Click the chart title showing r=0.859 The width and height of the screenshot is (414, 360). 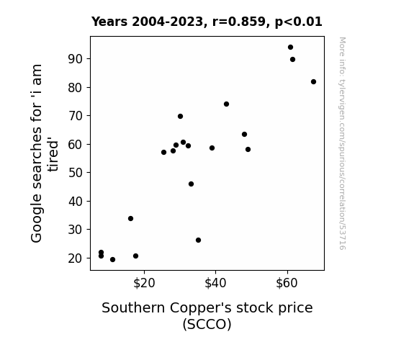pos(207,22)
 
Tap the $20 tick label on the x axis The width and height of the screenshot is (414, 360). pos(144,284)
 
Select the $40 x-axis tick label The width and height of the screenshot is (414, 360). pos(215,284)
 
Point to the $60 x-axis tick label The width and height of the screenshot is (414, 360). pos(287,284)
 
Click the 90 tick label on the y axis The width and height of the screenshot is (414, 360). pos(76,59)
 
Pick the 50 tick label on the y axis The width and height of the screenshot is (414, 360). pos(76,173)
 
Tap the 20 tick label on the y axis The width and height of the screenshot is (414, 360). pos(76,258)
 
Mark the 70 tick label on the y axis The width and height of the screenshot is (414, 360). pos(76,116)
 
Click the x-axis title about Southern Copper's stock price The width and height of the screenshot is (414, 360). pos(207,316)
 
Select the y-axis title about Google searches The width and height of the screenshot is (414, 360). pos(44,153)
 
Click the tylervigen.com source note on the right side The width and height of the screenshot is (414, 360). pos(342,143)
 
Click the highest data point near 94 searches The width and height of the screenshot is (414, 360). pos(290,48)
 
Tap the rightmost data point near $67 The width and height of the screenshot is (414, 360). pos(313,82)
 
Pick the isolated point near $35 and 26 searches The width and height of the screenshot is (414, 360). pos(198,240)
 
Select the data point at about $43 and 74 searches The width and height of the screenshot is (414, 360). pos(226,104)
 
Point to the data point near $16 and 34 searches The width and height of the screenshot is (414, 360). pos(131,218)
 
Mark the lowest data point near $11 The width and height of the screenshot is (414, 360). pos(113,260)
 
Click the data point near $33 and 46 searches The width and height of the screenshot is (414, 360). pos(191,184)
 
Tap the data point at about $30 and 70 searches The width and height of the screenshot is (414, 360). pos(180,116)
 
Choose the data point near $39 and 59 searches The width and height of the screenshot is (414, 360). pos(212,148)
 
